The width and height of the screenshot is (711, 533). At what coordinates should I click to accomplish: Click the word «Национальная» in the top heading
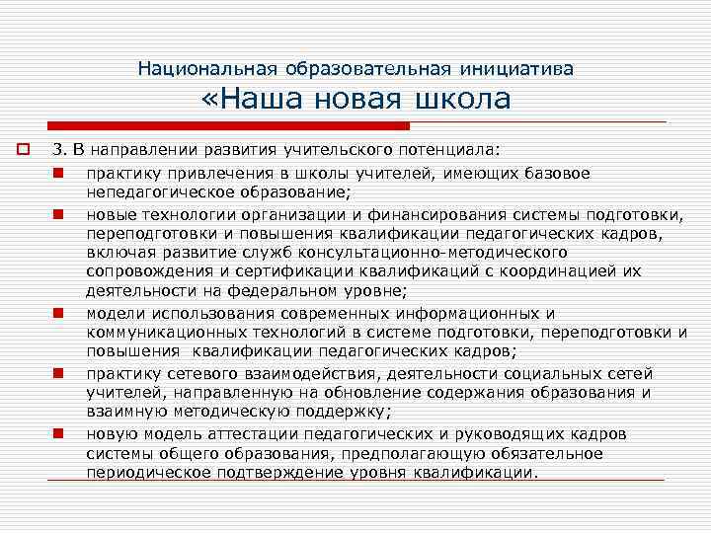coord(208,69)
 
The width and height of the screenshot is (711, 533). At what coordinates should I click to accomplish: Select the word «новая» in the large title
coord(376,100)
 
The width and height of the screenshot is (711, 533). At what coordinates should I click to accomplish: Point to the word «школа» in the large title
coord(463,100)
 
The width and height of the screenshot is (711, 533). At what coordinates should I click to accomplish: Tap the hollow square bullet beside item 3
coord(20,150)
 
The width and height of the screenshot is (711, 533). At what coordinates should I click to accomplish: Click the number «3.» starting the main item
coord(60,150)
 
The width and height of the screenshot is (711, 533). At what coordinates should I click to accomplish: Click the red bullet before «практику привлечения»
coord(59,173)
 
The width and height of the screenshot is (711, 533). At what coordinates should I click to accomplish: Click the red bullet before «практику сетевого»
coord(59,373)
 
